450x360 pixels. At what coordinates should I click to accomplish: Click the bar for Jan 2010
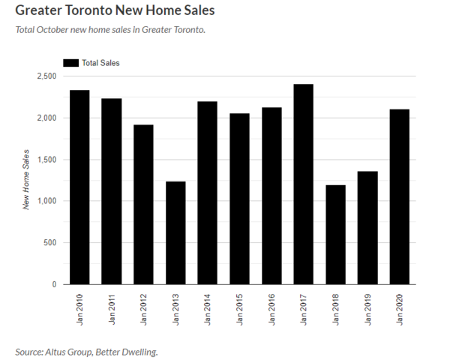tap(79, 187)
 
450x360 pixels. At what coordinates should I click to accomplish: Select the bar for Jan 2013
tap(175, 232)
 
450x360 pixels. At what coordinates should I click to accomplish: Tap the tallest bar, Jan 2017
tap(303, 184)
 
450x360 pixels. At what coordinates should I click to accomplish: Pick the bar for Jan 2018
tap(335, 235)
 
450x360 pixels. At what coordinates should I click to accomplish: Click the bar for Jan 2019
tap(367, 228)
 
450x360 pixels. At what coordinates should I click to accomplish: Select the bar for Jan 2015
tap(239, 199)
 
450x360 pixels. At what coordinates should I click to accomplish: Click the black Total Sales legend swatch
tap(70, 63)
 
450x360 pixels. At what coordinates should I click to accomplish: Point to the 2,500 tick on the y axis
tap(46, 76)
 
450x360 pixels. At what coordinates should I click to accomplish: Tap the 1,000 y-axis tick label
tap(46, 201)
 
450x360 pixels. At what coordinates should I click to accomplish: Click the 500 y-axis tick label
tap(50, 243)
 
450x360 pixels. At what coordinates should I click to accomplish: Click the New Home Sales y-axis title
tap(26, 179)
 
